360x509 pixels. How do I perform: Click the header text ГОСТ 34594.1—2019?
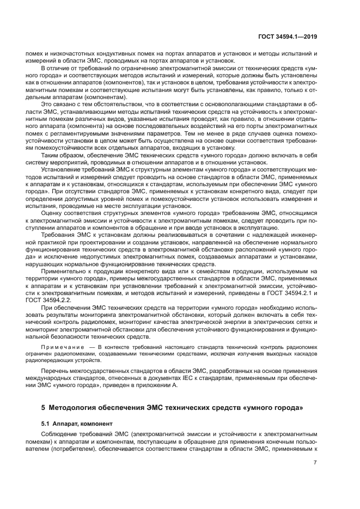tap(289, 36)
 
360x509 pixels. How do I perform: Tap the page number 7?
tap(315, 463)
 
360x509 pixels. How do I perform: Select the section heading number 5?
tap(44, 407)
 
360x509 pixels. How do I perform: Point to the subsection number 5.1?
tap(46, 422)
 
